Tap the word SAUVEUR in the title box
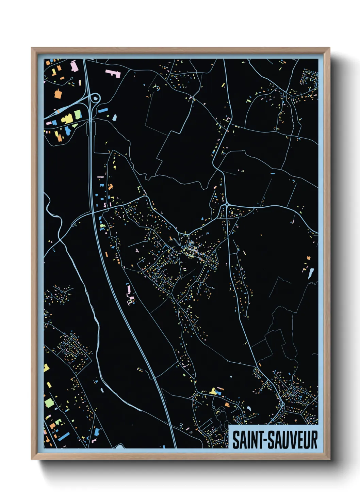click(x=292, y=440)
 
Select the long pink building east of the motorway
click(x=113, y=73)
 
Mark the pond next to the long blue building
click(x=115, y=118)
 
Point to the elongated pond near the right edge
click(x=311, y=273)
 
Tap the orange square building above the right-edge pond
click(x=309, y=258)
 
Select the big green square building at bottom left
click(x=49, y=403)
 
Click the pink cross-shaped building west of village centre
click(x=136, y=251)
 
